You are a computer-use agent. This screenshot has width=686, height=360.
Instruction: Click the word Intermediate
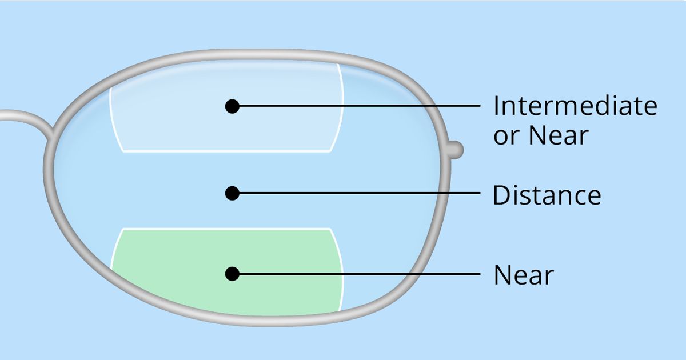575,106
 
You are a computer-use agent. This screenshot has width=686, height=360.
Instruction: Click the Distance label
547,195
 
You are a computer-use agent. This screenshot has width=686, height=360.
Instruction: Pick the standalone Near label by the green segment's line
524,275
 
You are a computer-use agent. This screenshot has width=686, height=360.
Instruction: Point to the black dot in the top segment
232,106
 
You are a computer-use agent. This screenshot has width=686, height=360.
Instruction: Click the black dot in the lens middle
232,194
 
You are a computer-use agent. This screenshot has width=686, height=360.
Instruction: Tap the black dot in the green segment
232,274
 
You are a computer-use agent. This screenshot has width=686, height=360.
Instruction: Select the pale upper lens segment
171,114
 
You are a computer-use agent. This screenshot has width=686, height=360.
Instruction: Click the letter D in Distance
501,195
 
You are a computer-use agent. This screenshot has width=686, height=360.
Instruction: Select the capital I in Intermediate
496,106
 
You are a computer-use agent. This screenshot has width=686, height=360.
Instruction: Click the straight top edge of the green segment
229,229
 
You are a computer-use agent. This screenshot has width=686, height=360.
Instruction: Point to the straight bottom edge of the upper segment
229,151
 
